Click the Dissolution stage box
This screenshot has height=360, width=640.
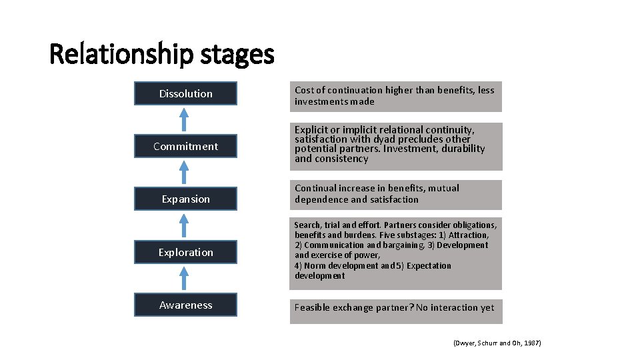185,94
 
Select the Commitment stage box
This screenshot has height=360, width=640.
185,147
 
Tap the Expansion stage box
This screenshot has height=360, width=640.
185,199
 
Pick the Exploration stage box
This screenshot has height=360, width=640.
185,253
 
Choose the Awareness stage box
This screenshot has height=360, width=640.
185,305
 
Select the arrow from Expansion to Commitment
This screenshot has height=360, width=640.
186,173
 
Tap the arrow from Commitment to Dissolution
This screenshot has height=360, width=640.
186,120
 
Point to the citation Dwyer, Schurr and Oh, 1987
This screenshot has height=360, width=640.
497,343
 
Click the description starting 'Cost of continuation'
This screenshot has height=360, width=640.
395,96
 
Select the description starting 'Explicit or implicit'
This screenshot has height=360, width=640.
395,145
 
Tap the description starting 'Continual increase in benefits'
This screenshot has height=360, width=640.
395,194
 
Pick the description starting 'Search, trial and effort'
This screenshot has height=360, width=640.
395,251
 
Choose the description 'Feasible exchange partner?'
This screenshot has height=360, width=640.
395,308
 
